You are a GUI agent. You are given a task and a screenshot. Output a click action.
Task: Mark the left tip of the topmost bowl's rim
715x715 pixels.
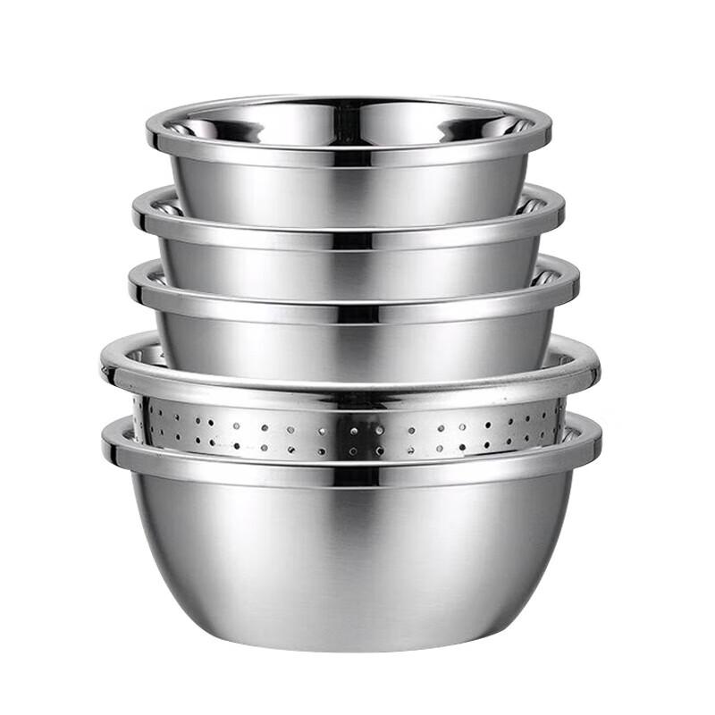click(149, 137)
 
